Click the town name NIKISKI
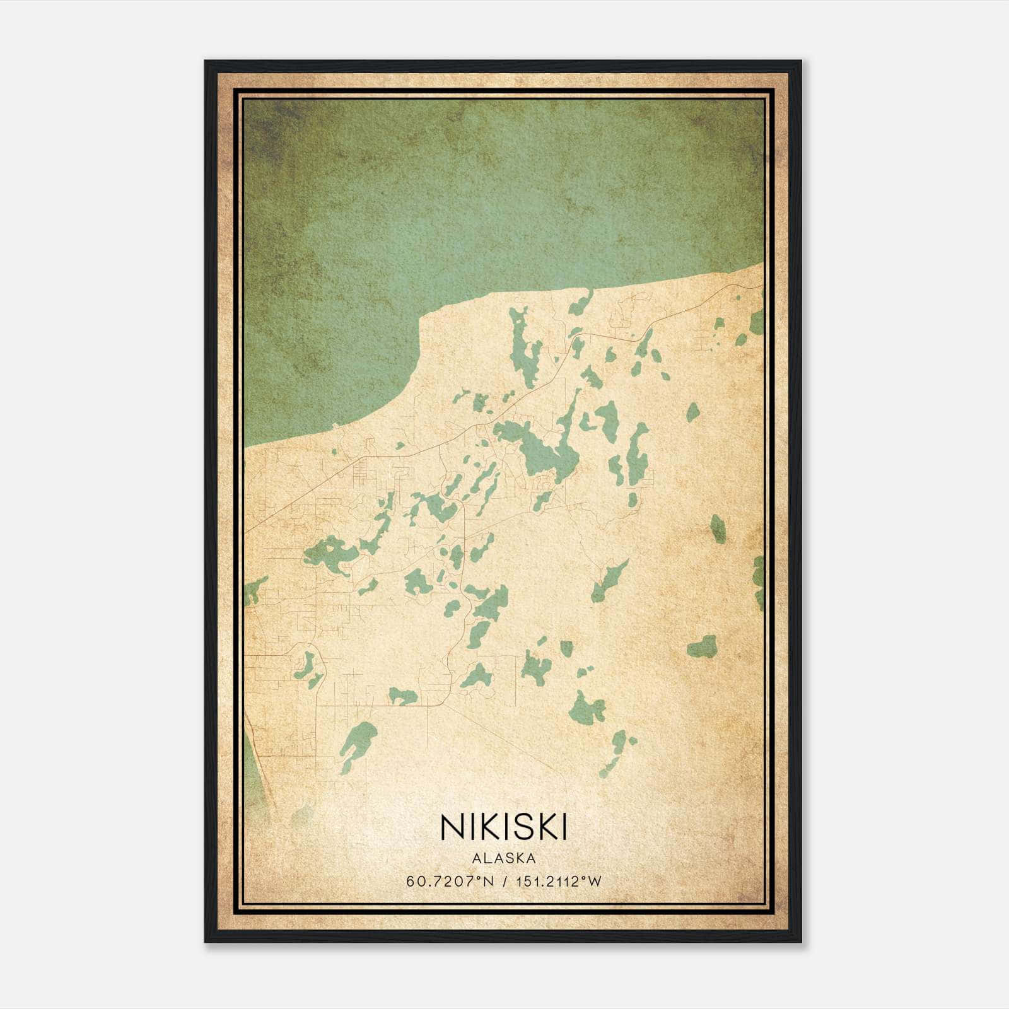click(x=503, y=827)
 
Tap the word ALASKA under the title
click(x=503, y=858)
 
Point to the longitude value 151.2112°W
click(x=559, y=882)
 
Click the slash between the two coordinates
click(x=504, y=882)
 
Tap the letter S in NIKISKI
click(x=516, y=827)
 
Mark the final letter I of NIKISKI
click(x=563, y=827)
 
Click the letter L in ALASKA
click(x=487, y=858)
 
